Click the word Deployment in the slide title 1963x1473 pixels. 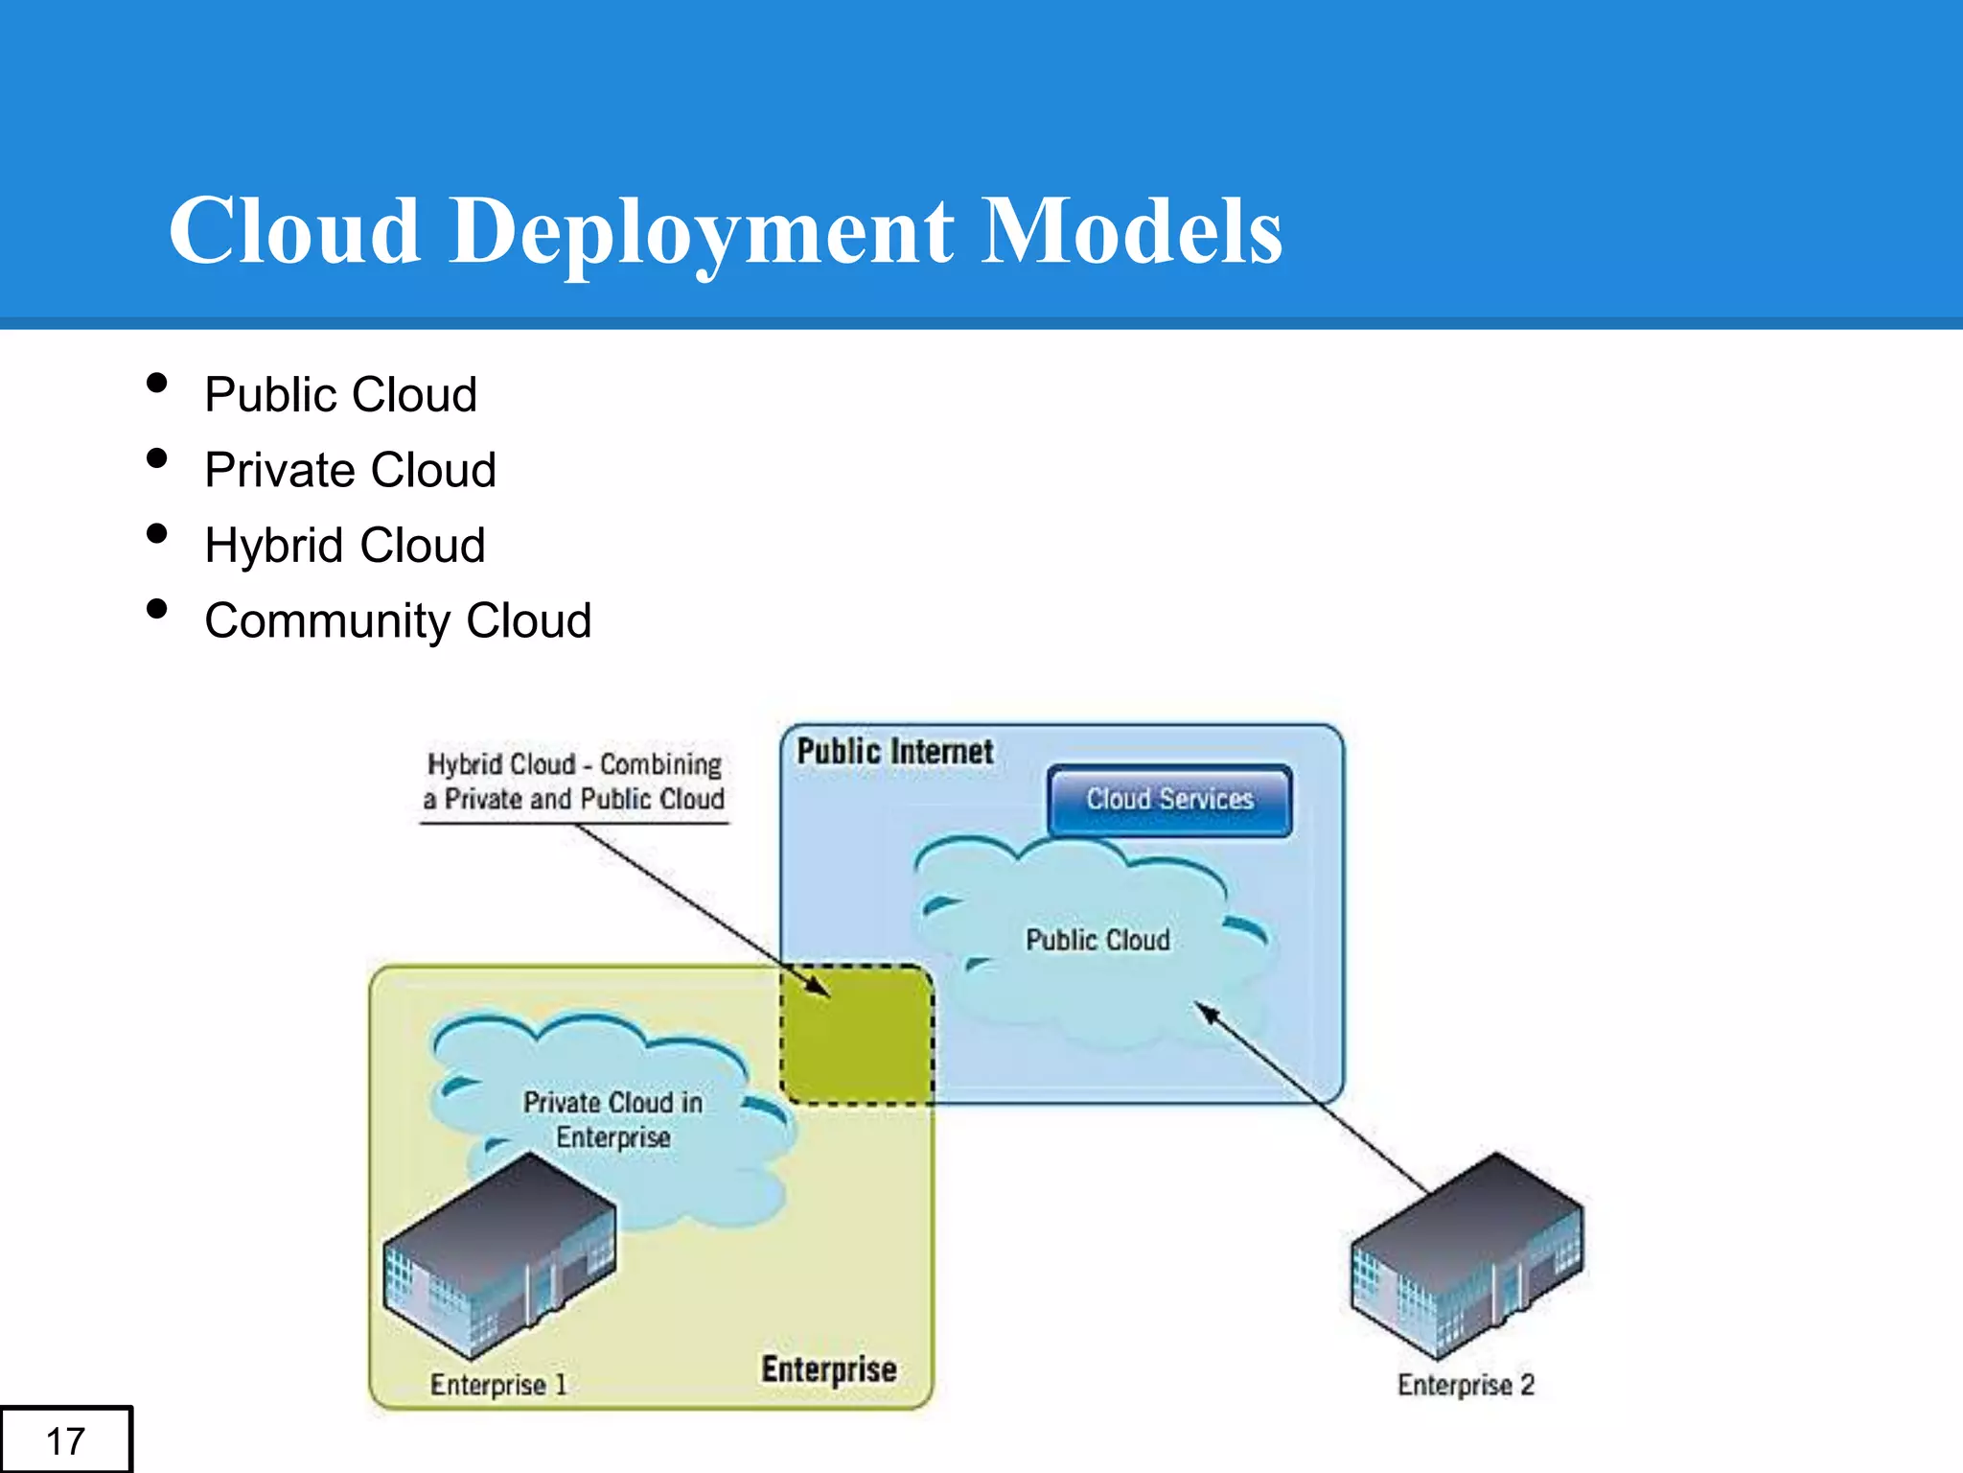click(x=702, y=233)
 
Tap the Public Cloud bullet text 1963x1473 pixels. click(x=340, y=395)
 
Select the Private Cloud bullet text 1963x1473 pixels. click(x=350, y=471)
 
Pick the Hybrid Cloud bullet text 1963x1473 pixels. click(x=345, y=546)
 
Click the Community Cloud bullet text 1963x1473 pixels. click(x=398, y=621)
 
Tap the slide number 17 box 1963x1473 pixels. click(x=65, y=1440)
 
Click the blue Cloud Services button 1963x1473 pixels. click(x=1169, y=800)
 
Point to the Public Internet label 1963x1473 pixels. click(x=894, y=752)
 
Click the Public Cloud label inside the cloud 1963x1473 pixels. click(x=1097, y=940)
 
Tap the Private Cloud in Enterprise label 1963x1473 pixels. click(x=613, y=1120)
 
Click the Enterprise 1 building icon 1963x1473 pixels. click(x=498, y=1256)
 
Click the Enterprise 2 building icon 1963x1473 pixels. click(x=1466, y=1256)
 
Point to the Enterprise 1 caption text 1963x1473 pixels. click(x=498, y=1385)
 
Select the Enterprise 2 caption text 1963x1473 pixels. click(x=1466, y=1385)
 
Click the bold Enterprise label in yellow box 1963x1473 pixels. click(x=829, y=1369)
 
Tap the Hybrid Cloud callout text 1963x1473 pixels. click(x=574, y=782)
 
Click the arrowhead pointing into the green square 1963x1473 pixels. click(x=818, y=988)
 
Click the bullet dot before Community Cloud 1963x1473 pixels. click(x=157, y=609)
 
